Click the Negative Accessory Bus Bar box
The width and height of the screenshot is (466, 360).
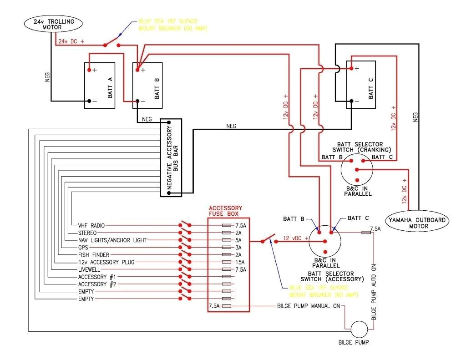click(171, 158)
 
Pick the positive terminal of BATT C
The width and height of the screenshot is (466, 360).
click(351, 69)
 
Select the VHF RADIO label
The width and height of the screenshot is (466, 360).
click(91, 225)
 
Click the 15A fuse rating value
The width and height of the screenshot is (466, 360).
click(240, 262)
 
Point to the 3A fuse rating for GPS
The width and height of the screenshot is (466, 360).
click(238, 248)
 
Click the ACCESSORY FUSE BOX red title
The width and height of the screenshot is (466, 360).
click(225, 211)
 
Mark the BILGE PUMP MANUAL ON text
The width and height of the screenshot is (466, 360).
click(309, 306)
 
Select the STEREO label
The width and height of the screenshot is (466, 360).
click(87, 233)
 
